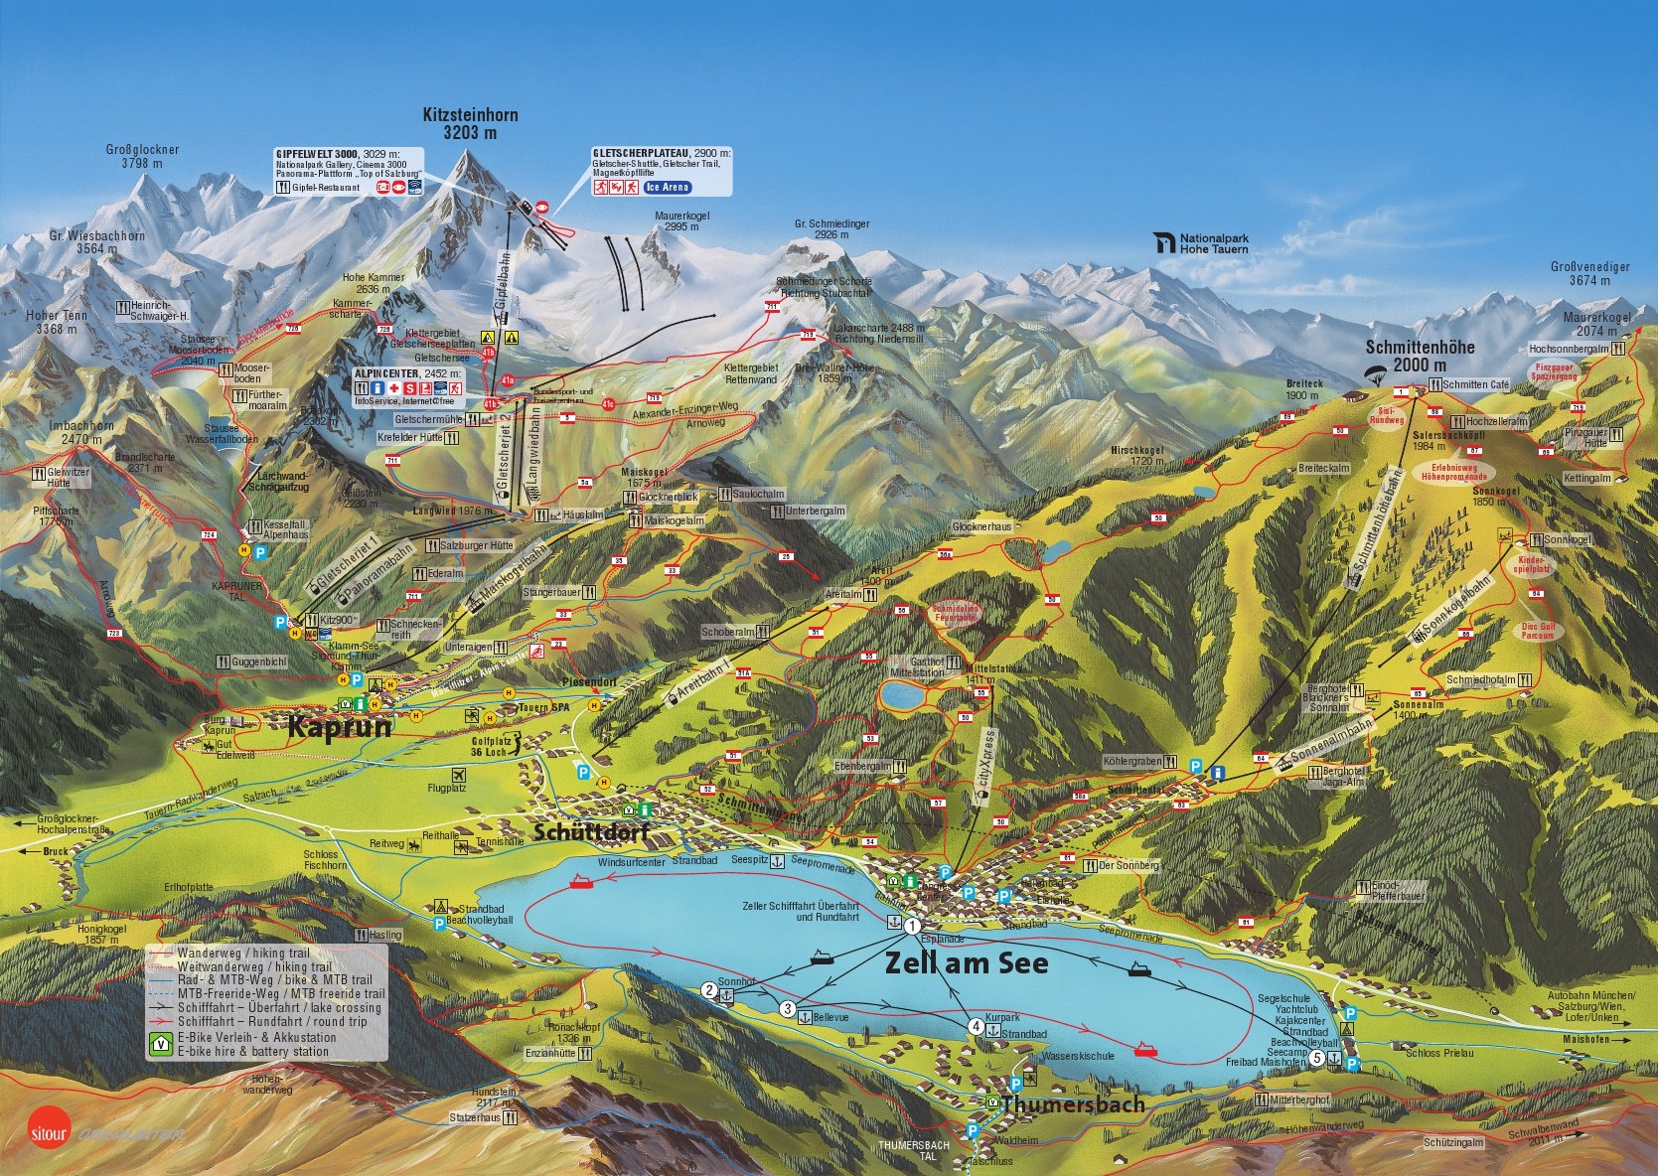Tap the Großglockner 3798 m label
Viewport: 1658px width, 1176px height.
(142, 157)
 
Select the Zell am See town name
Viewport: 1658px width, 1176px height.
(966, 962)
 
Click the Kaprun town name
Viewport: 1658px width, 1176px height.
(340, 727)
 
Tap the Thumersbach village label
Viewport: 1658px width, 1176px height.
(1073, 1104)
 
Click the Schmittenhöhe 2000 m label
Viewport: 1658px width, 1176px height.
(1420, 356)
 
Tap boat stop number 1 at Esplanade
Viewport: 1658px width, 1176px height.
(911, 925)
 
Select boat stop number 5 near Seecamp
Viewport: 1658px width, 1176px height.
(1317, 1058)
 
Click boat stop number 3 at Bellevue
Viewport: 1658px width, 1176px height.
(788, 1010)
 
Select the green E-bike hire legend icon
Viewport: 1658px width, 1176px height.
(159, 1044)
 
